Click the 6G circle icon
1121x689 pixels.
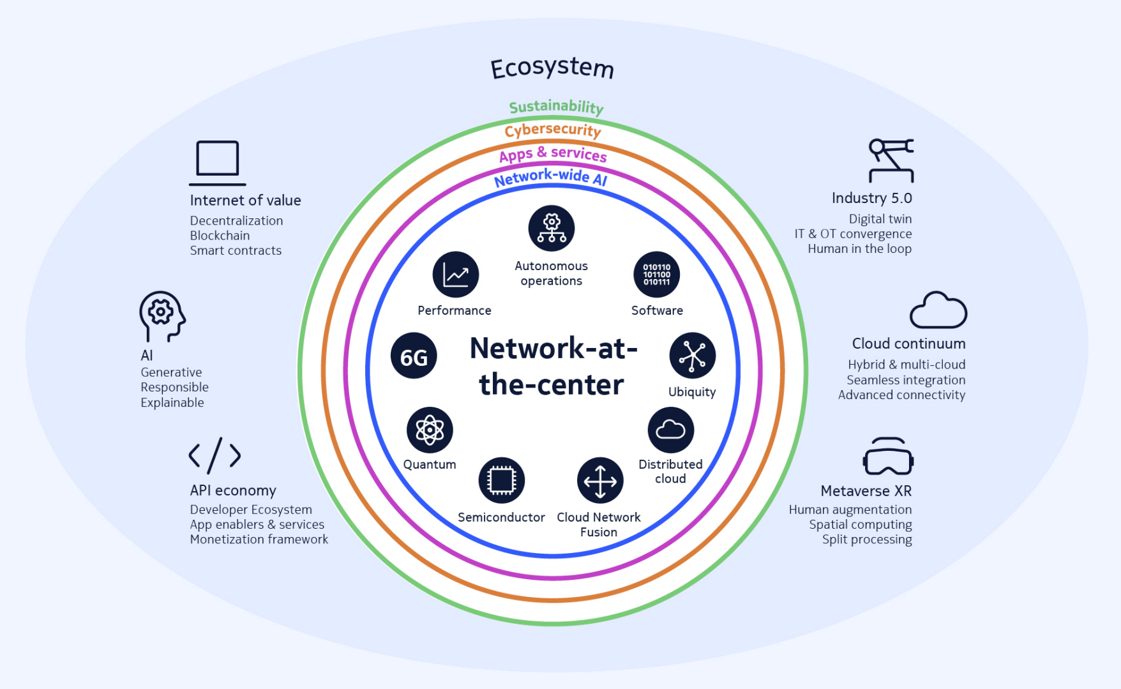click(414, 356)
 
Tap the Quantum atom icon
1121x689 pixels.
click(430, 430)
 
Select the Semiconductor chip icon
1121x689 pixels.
click(502, 480)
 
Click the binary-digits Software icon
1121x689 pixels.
click(656, 275)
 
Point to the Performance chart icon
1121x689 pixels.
click(456, 275)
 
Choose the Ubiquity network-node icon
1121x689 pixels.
click(692, 356)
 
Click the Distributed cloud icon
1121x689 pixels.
click(670, 430)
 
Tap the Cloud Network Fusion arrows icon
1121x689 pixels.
click(599, 480)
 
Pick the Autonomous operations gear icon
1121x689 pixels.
click(552, 228)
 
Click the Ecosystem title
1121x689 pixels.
click(552, 68)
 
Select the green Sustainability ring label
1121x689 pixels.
click(556, 107)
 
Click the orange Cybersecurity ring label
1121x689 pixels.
click(553, 130)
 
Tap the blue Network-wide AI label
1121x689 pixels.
click(550, 177)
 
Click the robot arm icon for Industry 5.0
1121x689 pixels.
click(891, 160)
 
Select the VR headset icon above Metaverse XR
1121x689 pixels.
click(888, 457)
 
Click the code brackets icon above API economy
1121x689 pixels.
click(215, 455)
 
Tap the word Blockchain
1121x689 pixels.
click(220, 236)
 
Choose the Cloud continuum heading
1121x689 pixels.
click(908, 344)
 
